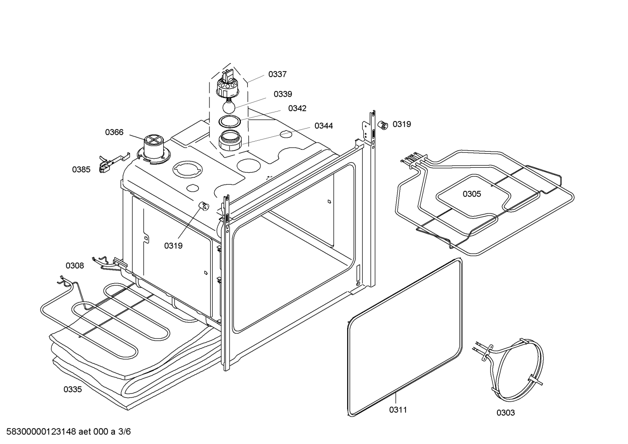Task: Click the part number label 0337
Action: [277, 75]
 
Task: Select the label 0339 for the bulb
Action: [283, 94]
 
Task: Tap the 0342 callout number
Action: [297, 108]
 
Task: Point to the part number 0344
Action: [324, 126]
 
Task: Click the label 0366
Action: [114, 132]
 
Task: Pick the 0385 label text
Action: [81, 169]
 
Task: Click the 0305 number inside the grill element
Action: [472, 194]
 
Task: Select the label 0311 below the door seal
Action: [398, 410]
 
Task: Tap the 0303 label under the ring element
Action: [506, 413]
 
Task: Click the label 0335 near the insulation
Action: [73, 389]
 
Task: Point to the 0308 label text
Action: [75, 266]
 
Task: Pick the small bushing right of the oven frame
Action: [383, 125]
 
